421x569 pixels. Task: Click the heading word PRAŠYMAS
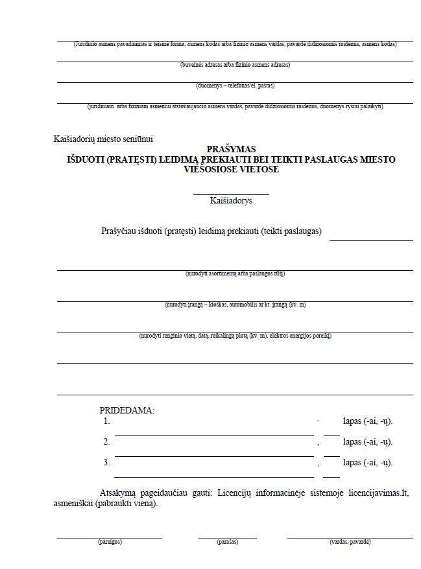(231, 149)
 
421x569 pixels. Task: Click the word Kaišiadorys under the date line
(231, 201)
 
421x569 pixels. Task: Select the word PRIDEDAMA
(126, 410)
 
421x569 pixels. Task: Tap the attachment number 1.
(106, 421)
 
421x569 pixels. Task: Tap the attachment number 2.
(106, 442)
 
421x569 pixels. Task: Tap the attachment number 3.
(106, 463)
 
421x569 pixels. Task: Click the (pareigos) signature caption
(110, 542)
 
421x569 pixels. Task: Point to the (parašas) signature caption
(227, 542)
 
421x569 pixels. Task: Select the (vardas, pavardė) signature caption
(350, 542)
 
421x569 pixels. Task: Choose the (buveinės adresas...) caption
(235, 65)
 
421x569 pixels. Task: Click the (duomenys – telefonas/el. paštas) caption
(235, 86)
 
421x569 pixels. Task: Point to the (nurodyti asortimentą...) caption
(235, 273)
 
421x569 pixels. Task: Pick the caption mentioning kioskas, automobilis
(235, 305)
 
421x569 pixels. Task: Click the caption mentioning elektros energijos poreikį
(235, 336)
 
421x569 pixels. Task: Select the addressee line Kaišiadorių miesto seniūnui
(104, 139)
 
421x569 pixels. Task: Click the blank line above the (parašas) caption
(227, 538)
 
